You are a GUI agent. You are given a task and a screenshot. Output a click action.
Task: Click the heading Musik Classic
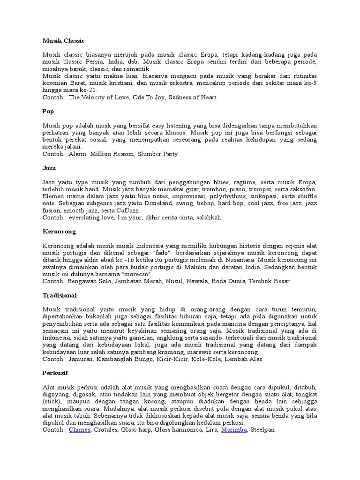pyautogui.click(x=64, y=41)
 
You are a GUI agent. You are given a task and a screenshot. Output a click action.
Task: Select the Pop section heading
pyautogui.click(x=48, y=112)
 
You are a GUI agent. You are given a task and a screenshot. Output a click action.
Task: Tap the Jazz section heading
pyautogui.click(x=49, y=167)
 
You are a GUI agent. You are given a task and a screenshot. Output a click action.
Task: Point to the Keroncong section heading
pyautogui.click(x=59, y=232)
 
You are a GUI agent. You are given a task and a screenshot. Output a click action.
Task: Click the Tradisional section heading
pyautogui.click(x=60, y=296)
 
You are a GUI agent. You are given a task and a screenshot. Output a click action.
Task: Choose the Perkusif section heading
pyautogui.click(x=55, y=373)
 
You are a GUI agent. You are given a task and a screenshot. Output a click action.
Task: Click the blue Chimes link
pyautogui.click(x=80, y=429)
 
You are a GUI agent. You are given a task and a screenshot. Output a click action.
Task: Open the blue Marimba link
pyautogui.click(x=234, y=429)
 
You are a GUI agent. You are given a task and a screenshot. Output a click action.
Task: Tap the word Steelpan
pyautogui.click(x=262, y=429)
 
